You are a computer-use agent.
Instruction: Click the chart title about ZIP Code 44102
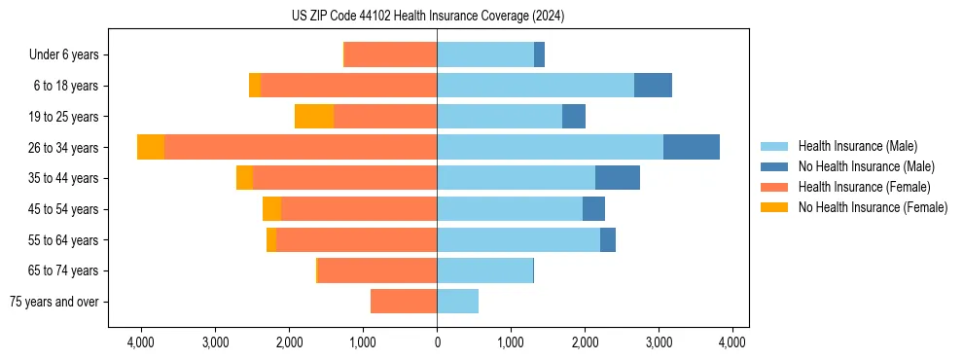427,17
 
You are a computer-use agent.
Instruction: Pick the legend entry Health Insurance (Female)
864,187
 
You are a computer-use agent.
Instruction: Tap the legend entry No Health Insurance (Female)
873,207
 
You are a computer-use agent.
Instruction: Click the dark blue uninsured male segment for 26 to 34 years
692,147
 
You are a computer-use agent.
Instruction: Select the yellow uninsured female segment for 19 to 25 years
314,117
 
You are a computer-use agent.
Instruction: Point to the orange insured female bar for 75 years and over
404,302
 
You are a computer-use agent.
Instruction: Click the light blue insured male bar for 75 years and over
457,302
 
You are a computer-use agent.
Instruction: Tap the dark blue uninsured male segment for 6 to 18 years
653,86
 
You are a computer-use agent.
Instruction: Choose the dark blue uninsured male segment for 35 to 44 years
618,178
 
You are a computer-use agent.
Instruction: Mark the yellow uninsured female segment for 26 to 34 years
151,147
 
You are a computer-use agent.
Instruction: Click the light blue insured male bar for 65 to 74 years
484,270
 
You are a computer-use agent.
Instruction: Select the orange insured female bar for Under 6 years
391,54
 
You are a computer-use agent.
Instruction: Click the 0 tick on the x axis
437,342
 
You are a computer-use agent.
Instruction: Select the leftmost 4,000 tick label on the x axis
141,342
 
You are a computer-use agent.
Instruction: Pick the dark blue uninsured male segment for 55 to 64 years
608,239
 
